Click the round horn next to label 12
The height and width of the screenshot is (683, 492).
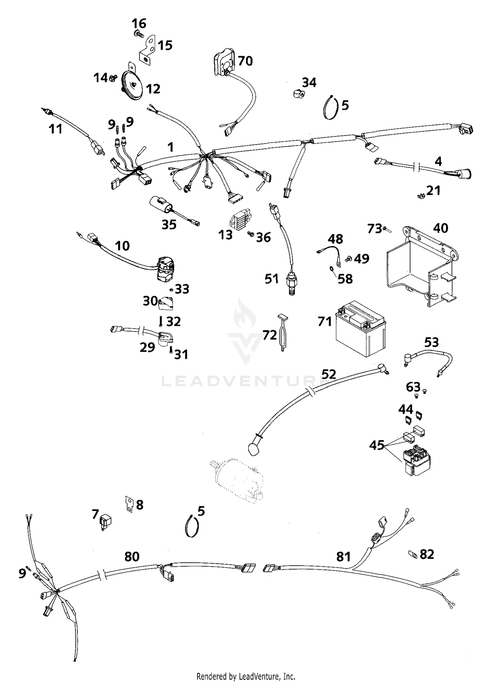(132, 84)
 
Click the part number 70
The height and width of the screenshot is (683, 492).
(245, 61)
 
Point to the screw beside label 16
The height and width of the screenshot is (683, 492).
(139, 33)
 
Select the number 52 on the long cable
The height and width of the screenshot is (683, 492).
(329, 374)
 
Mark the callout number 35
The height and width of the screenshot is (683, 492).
(169, 224)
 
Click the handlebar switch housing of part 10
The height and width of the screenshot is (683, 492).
(166, 269)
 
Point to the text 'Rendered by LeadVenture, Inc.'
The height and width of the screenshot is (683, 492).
(246, 676)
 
